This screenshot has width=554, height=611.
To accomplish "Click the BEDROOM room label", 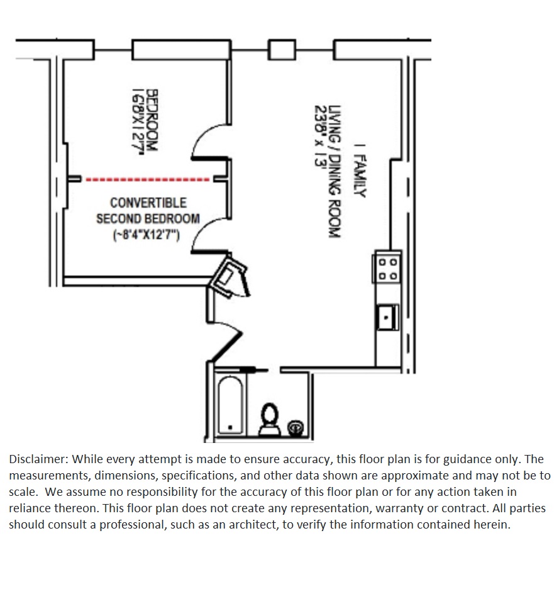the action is tap(152, 123).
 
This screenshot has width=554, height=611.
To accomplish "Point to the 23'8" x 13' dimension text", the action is tap(319, 137).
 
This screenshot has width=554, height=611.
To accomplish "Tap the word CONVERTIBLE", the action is tap(148, 203).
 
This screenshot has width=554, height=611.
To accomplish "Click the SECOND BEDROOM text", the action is tap(148, 219).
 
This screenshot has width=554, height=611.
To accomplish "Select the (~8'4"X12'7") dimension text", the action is tap(147, 235).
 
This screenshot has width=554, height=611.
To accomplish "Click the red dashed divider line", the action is tap(147, 180).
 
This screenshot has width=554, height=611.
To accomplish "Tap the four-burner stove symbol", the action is tap(387, 268).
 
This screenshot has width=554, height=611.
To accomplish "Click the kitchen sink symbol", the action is tap(386, 317).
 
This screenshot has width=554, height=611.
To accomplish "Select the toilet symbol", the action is tap(270, 418).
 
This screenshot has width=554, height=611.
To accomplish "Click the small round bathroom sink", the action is tap(294, 427).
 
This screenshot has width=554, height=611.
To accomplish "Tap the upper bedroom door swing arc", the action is tap(204, 138).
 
